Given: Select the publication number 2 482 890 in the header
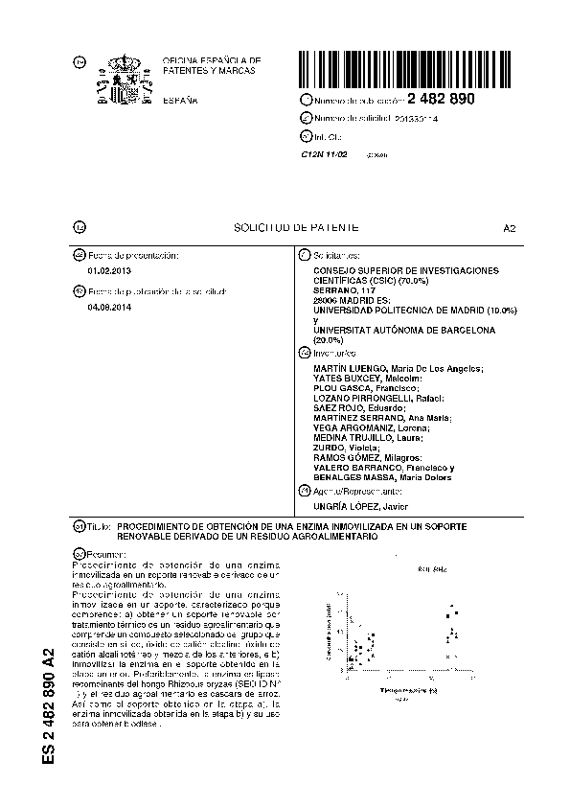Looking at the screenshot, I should [441, 100].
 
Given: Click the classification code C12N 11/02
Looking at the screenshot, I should [322, 153].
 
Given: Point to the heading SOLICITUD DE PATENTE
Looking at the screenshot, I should [296, 227].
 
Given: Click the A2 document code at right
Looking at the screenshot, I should [509, 228].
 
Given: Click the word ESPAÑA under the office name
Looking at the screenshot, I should [179, 100].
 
